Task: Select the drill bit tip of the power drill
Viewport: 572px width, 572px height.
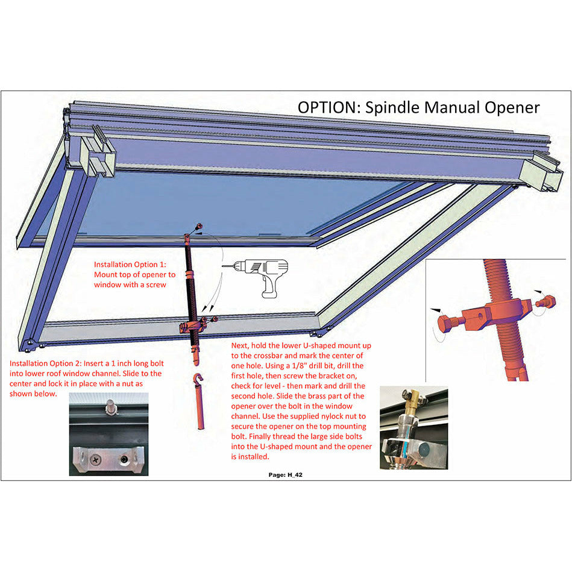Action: pos(225,266)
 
